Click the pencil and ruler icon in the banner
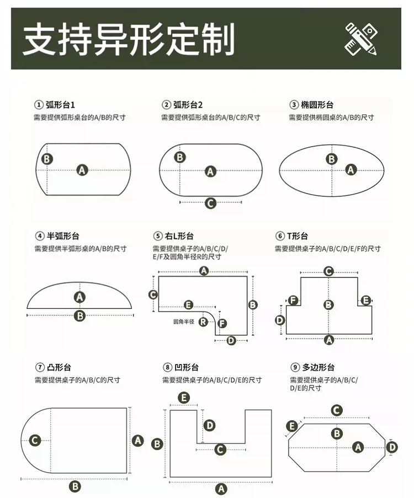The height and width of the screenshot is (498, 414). click(361, 39)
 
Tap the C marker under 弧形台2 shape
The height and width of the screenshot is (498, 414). click(210, 203)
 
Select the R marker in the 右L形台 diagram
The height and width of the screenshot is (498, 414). click(203, 322)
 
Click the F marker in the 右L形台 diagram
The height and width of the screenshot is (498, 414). click(222, 323)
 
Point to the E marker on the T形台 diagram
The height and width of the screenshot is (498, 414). click(366, 300)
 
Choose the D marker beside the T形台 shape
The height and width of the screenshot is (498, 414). click(279, 320)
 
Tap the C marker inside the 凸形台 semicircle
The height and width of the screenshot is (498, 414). click(35, 440)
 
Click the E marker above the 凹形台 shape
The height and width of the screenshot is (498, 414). click(184, 398)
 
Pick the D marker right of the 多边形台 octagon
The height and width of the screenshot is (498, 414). click(392, 447)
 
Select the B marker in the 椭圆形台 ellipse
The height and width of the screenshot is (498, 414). click(332, 159)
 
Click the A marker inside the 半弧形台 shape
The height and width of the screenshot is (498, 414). click(79, 297)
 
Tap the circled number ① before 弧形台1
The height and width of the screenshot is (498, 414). click(39, 105)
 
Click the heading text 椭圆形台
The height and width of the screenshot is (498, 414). click(317, 105)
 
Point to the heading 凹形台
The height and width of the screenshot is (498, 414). click(187, 367)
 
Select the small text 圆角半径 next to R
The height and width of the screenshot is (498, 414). click(184, 322)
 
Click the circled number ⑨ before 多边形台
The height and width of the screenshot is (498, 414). click(295, 367)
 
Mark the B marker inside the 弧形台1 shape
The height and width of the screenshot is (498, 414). click(47, 159)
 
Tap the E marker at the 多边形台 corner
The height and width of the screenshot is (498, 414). click(291, 426)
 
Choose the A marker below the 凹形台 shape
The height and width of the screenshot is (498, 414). click(221, 489)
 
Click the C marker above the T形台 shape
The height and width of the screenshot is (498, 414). click(328, 271)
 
